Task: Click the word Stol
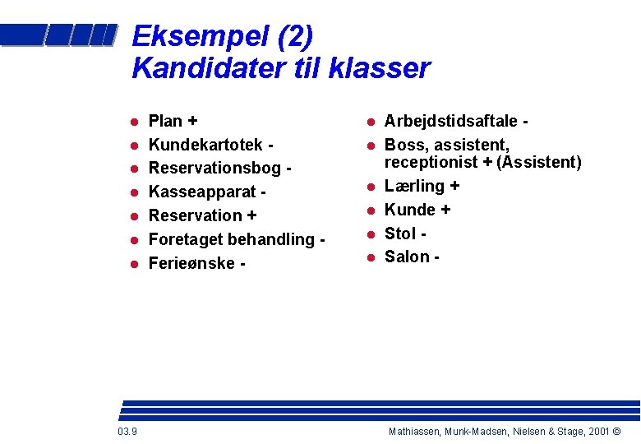400,234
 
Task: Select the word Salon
407,257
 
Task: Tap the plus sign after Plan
192,121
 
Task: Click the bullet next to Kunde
371,210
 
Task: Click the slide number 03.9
127,432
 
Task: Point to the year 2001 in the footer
597,432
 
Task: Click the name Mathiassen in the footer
417,432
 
